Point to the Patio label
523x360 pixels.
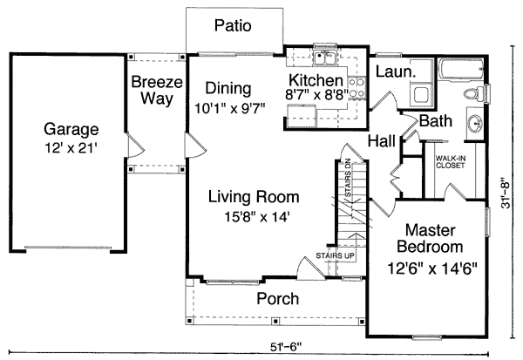(x=233, y=25)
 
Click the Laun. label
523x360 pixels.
(x=395, y=69)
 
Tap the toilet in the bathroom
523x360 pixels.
(x=470, y=92)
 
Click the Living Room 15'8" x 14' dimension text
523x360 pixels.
(x=254, y=214)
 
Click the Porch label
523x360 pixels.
(x=277, y=299)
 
